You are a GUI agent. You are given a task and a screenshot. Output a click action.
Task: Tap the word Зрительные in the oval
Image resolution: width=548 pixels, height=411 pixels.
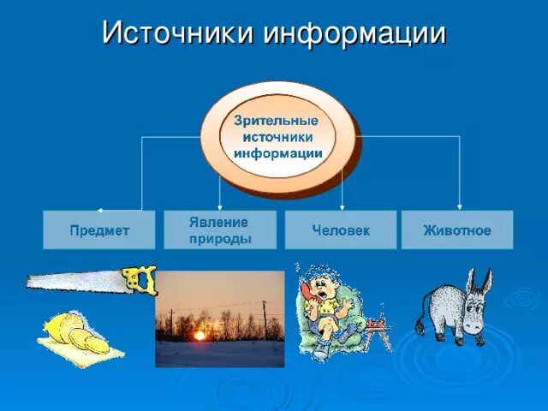pyautogui.click(x=276, y=121)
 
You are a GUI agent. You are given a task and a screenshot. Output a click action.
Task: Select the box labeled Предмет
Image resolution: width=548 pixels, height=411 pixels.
pyautogui.click(x=99, y=230)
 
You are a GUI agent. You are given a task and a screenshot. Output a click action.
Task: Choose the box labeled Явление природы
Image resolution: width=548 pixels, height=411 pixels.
pyautogui.click(x=220, y=230)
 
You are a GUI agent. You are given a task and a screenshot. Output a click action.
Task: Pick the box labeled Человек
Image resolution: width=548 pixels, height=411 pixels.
pyautogui.click(x=341, y=230)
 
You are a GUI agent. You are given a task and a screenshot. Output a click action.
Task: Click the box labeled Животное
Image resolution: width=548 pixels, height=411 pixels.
pyautogui.click(x=457, y=230)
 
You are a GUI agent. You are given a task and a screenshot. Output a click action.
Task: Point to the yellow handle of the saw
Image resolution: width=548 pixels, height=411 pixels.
pyautogui.click(x=140, y=279)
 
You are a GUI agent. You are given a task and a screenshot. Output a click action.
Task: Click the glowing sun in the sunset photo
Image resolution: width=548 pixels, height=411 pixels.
pyautogui.click(x=200, y=336)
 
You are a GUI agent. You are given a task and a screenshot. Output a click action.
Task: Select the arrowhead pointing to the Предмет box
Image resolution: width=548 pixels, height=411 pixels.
pyautogui.click(x=99, y=209)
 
